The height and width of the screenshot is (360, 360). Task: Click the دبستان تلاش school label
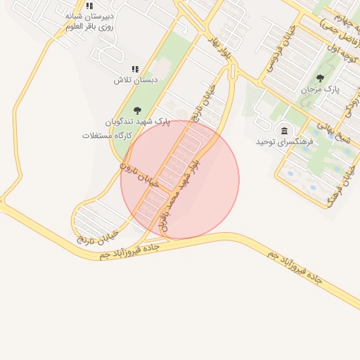[136, 80]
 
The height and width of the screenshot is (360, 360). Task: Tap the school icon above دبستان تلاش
[136, 69]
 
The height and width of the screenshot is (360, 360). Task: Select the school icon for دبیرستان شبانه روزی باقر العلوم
[89, 6]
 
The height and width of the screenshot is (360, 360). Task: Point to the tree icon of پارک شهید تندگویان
[136, 110]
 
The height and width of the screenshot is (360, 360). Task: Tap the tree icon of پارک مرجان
[321, 78]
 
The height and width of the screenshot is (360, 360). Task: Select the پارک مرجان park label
[320, 90]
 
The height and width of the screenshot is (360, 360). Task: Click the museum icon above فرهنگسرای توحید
[284, 131]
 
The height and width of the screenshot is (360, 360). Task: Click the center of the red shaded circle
[180, 180]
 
